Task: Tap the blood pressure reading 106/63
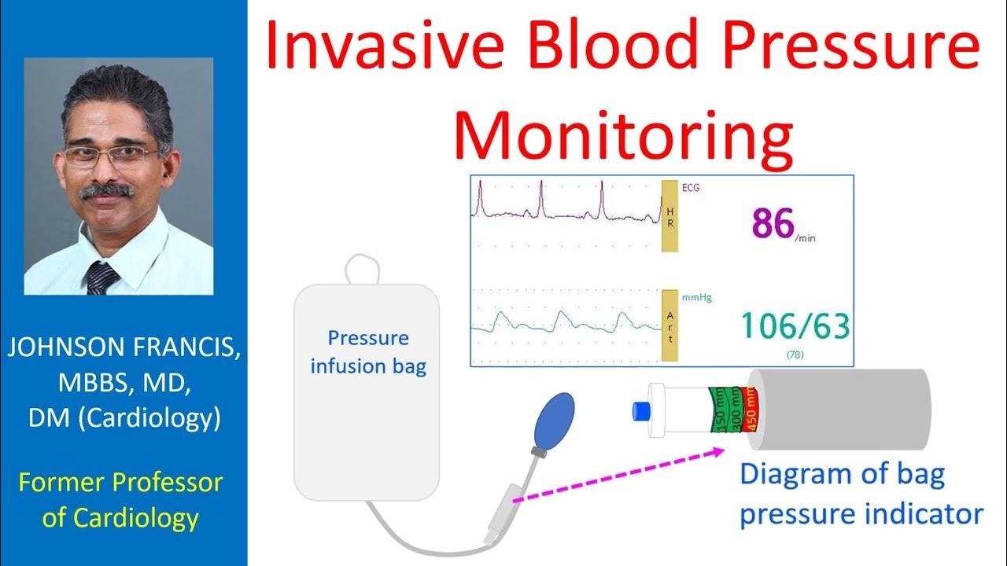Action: coord(795,325)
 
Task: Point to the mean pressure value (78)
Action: coord(795,355)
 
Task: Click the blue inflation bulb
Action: coord(555,421)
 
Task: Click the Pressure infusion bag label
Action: coord(368,351)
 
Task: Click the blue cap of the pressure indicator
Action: coord(640,410)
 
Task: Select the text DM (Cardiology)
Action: coord(124,418)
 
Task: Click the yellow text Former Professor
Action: coord(120,481)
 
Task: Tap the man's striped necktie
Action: coord(101,278)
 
